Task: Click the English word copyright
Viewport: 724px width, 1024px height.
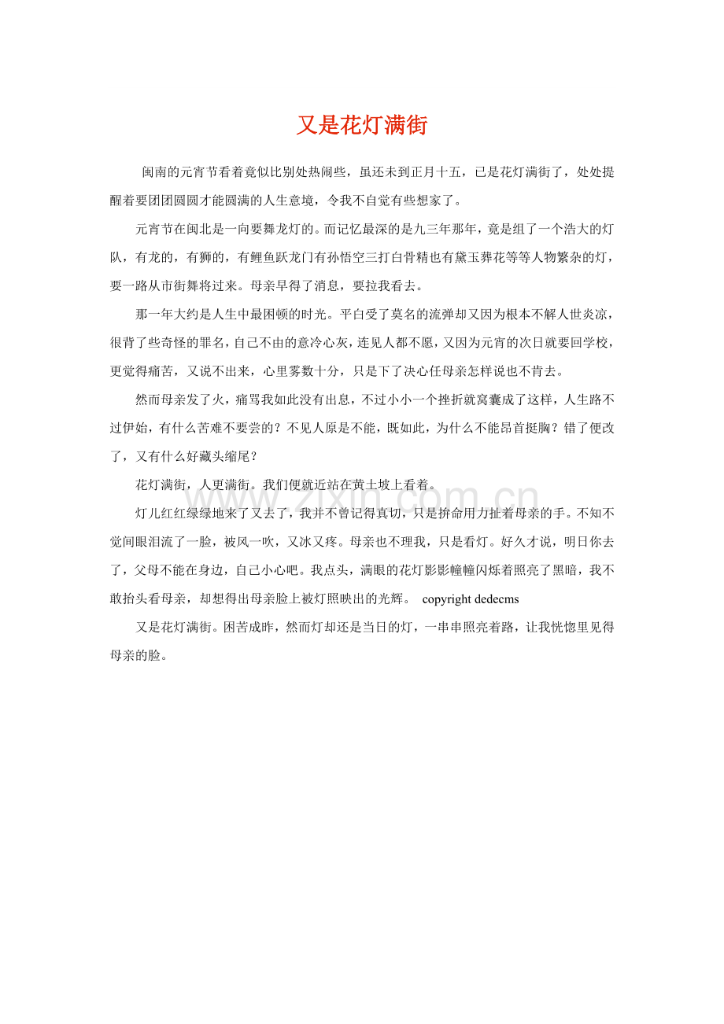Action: coord(446,599)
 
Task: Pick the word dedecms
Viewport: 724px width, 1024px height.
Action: coord(497,599)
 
